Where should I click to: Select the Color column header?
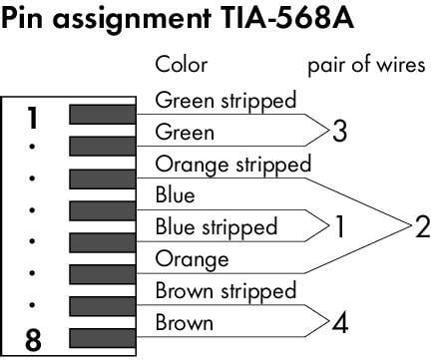pos(182,66)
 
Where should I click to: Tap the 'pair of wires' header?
pos(367,66)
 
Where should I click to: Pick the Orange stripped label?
pos(233,164)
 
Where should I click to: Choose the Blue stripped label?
pos(217,227)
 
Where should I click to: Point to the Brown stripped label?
pos(225,291)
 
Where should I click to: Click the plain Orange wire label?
pos(193,259)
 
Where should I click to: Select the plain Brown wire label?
pos(185,323)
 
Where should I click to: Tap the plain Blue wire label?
pos(176,195)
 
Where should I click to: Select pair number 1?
pos(339,227)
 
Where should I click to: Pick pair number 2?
pos(422,227)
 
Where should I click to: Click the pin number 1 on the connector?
pos(32,118)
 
